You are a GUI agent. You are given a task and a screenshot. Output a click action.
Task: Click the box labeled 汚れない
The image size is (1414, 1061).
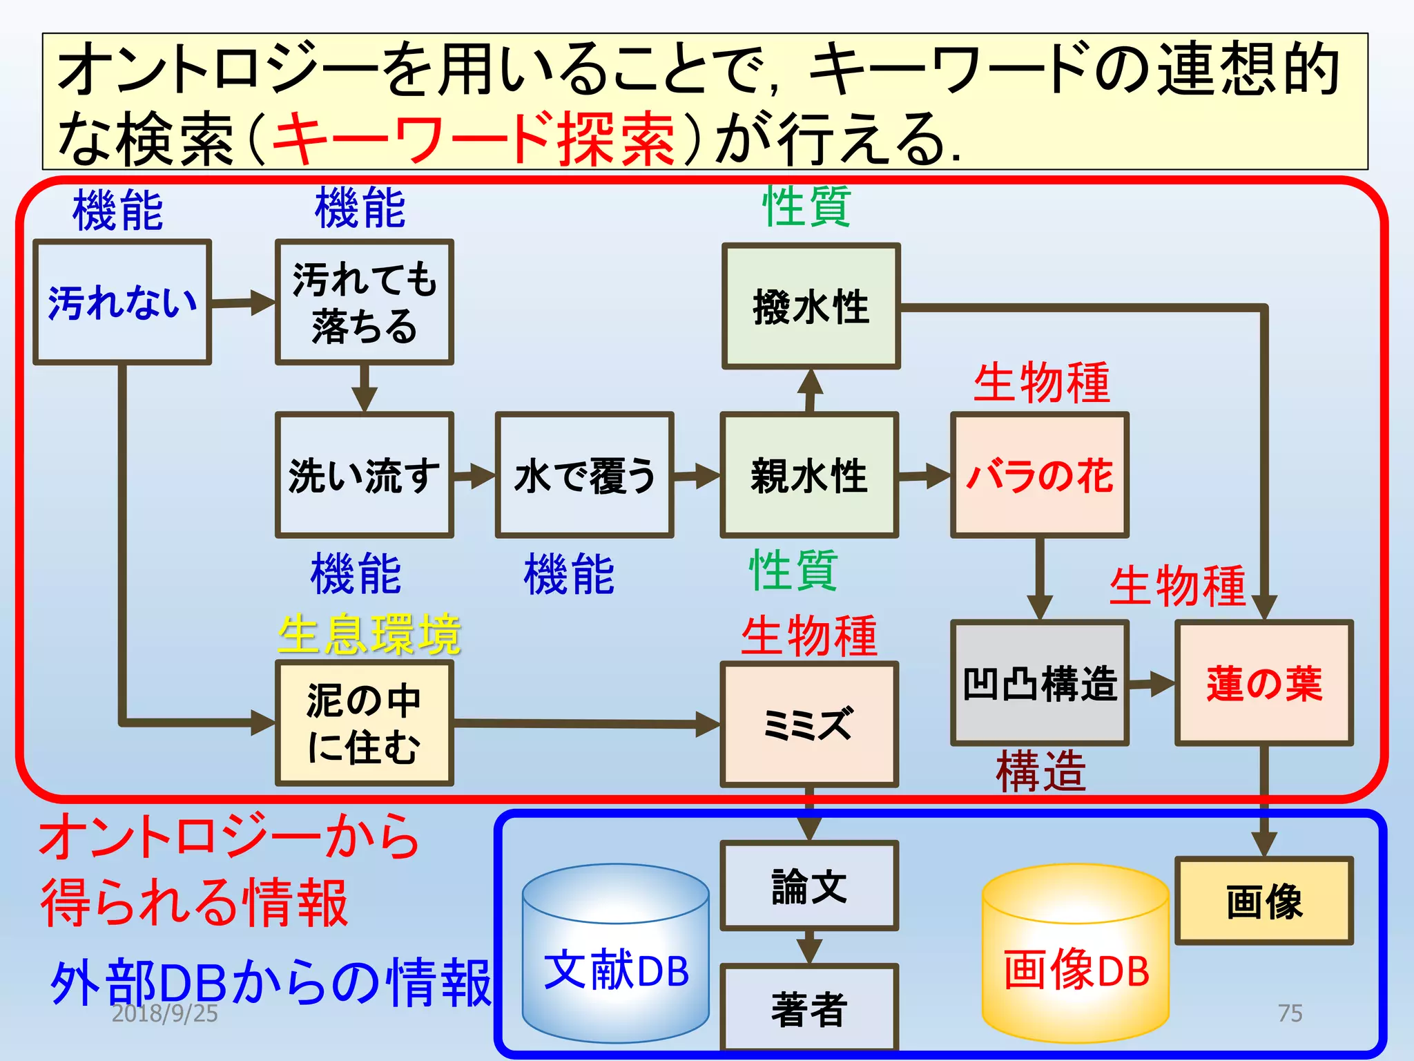pos(122,302)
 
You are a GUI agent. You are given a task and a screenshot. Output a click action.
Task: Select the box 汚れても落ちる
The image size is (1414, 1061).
pos(364,302)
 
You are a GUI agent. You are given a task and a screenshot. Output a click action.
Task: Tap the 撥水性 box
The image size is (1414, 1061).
pos(811,306)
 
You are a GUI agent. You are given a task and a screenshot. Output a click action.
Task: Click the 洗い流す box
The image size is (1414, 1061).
pos(364,475)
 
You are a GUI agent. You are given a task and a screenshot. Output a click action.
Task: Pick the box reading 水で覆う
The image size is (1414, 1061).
pos(584,475)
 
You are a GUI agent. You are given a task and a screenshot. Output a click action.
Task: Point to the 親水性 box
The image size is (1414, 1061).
pos(809,475)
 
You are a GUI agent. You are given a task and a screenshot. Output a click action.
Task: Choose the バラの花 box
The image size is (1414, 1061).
pos(1040,475)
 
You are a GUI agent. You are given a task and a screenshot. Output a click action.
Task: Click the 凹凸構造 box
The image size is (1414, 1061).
pos(1040,682)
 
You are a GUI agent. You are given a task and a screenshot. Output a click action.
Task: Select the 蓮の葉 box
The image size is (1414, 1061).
pos(1264,682)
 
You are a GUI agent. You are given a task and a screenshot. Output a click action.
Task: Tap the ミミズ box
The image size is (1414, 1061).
pos(809,724)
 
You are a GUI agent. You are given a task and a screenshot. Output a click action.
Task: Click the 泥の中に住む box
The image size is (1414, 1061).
pos(364,723)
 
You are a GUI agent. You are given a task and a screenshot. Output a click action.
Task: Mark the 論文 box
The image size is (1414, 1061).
pos(809,886)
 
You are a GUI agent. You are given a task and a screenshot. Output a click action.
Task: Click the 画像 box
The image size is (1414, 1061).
pos(1264,901)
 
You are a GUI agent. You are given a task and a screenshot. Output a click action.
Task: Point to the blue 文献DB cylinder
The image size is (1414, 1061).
pos(615,967)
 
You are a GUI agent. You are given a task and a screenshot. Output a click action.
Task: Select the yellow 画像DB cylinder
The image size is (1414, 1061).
pos(1076,967)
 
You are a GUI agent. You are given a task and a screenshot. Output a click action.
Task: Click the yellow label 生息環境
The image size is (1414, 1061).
pos(369,634)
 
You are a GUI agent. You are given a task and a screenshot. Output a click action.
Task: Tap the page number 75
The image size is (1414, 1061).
pos(1290,1013)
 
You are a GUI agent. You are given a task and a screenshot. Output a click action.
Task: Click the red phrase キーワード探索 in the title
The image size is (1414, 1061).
pos(474,138)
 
